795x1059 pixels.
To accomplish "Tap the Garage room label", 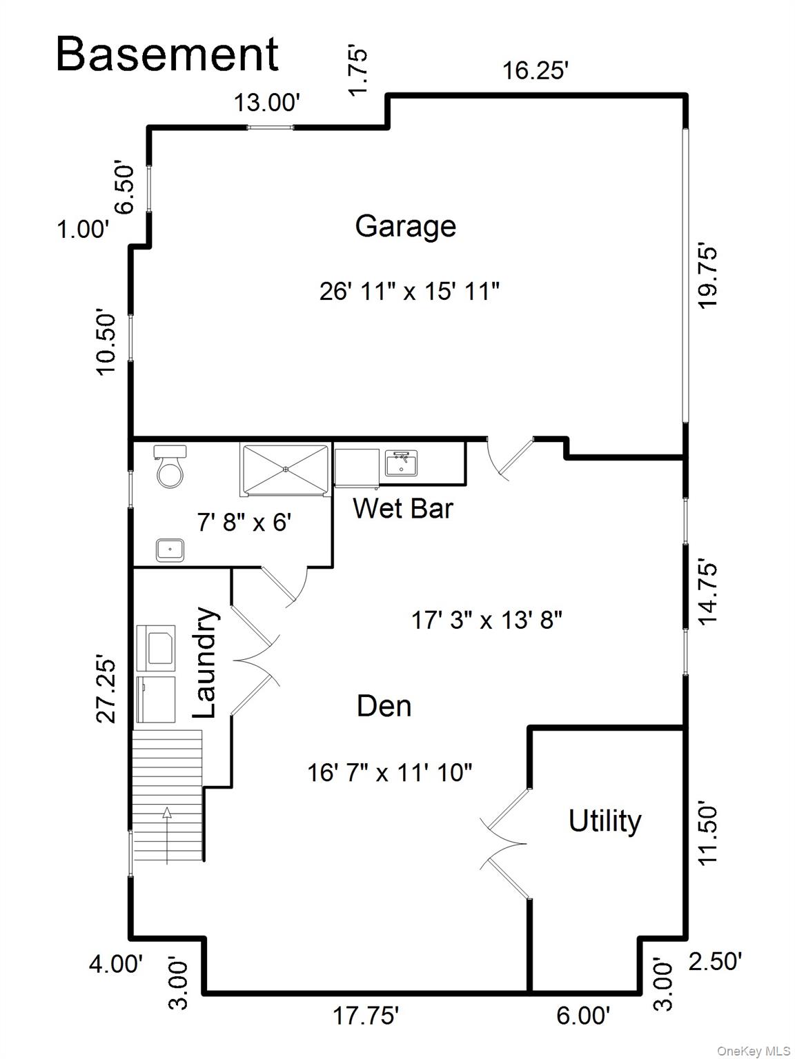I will (x=405, y=226).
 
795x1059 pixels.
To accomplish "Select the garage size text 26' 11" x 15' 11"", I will (x=409, y=291).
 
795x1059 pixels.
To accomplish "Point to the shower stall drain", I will (x=285, y=470).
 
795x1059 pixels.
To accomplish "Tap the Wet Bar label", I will (x=402, y=509).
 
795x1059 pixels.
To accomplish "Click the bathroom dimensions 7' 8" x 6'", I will (x=244, y=523).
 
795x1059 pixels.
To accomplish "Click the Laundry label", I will (x=205, y=662).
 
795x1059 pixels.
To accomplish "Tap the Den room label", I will (x=384, y=706).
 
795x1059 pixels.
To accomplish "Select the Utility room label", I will (x=605, y=821).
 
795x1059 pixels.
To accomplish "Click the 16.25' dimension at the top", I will (x=535, y=70).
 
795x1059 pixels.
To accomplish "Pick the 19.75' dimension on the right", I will (x=709, y=274).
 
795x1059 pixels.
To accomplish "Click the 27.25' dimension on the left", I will (x=106, y=688).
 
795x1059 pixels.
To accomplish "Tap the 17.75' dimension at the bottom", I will (x=366, y=1016).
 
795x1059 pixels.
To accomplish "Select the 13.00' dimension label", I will (x=266, y=103).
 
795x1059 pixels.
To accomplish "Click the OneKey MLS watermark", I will (x=754, y=1051).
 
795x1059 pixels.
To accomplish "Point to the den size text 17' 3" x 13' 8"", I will (x=487, y=621).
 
